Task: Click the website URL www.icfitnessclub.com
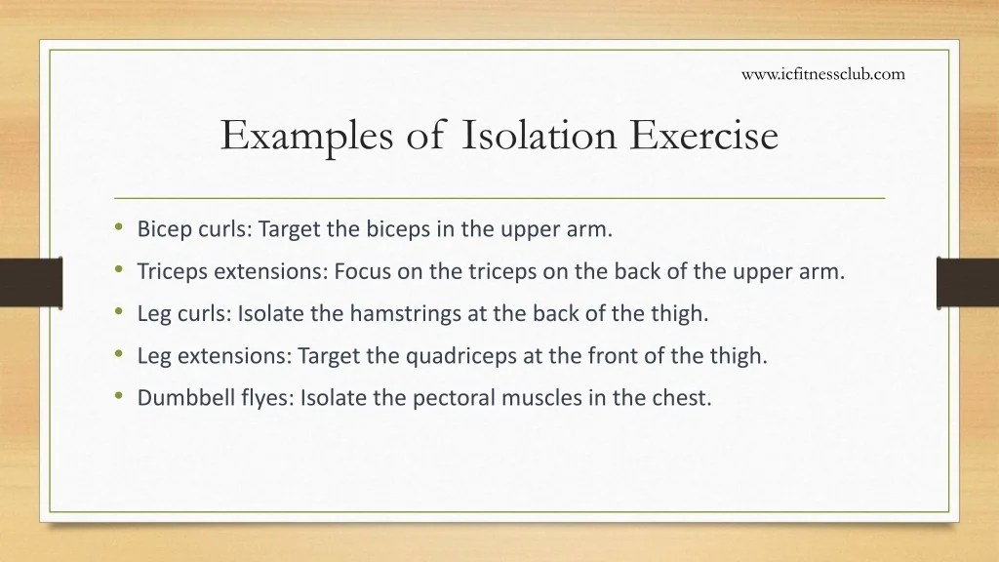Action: pos(823,73)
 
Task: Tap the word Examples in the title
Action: pos(302,135)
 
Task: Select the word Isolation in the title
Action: pos(539,135)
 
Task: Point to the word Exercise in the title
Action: pos(703,135)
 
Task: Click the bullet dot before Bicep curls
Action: pos(118,228)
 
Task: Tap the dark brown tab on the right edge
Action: pos(967,281)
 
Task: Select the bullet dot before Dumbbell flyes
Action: pos(118,396)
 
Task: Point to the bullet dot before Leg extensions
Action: pos(118,354)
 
